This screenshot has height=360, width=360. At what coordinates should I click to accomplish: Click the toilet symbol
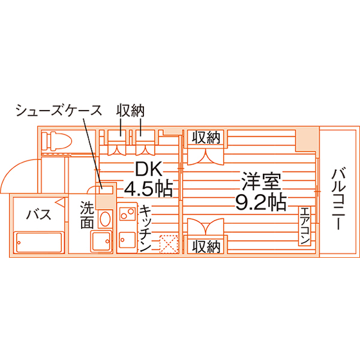(x=57, y=141)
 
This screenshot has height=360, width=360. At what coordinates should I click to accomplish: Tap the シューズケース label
(x=59, y=111)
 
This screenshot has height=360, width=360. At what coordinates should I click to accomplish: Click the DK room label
(x=149, y=168)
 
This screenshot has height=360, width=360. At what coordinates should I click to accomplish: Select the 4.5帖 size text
(x=148, y=190)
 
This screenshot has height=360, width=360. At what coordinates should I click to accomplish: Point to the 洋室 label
(x=261, y=181)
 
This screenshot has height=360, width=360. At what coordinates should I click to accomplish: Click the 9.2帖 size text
(x=261, y=203)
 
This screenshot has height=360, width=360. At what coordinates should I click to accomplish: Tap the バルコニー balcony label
(x=339, y=199)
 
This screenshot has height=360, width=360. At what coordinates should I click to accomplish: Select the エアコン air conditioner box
(x=305, y=226)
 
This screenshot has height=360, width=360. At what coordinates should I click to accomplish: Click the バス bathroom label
(x=39, y=215)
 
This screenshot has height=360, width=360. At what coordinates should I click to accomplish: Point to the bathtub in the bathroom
(x=39, y=242)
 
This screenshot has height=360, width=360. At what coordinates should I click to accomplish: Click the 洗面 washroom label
(x=87, y=215)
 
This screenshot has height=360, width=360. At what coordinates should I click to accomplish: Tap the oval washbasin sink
(x=105, y=219)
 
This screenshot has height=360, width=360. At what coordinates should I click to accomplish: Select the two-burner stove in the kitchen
(x=127, y=213)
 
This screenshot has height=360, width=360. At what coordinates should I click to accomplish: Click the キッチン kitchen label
(x=145, y=228)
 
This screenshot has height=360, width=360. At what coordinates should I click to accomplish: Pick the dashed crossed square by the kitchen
(x=169, y=244)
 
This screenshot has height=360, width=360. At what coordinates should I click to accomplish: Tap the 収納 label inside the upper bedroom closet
(x=206, y=138)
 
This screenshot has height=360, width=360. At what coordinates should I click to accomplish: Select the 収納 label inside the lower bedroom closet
(x=206, y=247)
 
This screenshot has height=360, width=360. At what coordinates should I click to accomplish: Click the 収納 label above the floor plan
(x=130, y=111)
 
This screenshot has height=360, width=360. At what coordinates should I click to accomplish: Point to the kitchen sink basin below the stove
(x=127, y=240)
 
